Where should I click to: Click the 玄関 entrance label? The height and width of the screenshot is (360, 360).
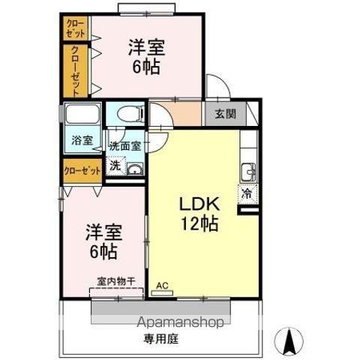point(225,115)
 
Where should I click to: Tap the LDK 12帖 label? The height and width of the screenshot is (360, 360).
point(198,213)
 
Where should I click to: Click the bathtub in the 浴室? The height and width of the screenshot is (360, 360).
point(82,115)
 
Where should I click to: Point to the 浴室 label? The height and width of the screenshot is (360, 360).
point(82,140)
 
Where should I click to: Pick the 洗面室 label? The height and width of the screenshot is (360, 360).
point(124,146)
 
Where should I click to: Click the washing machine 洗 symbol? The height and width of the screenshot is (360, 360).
point(115,166)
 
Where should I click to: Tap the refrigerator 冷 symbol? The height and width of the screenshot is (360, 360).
point(247,193)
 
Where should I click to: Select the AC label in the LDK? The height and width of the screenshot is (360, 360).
point(162,286)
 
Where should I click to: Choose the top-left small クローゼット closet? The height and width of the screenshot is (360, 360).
point(76,28)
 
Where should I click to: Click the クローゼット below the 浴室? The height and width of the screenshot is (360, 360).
point(82,171)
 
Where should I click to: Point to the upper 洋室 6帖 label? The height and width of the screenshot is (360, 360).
point(145,55)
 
